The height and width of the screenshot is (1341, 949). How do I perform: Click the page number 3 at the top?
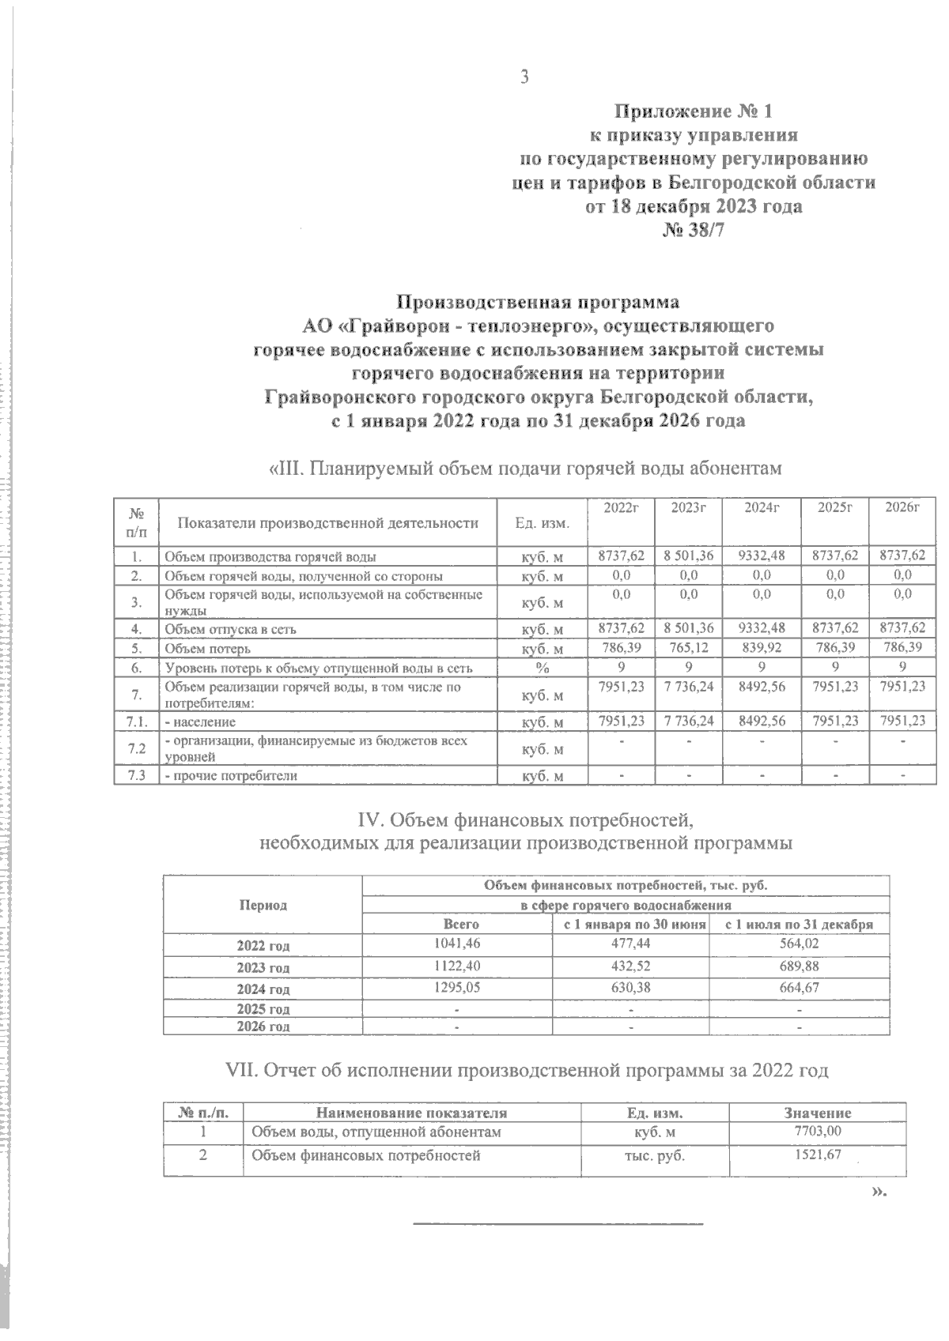click(523, 77)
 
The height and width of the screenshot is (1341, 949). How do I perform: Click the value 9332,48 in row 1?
click(761, 556)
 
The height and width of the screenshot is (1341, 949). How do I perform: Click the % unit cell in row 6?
click(542, 668)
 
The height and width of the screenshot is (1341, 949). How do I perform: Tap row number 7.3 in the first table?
click(136, 775)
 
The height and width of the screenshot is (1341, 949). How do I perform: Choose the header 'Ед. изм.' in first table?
click(542, 522)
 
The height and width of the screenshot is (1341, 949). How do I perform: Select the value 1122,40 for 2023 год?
click(457, 965)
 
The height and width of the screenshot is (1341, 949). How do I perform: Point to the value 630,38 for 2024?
click(630, 986)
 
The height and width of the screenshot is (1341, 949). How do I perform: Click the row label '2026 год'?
click(263, 1026)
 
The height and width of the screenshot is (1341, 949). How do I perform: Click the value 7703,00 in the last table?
click(818, 1132)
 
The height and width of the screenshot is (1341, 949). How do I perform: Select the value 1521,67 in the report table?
click(818, 1155)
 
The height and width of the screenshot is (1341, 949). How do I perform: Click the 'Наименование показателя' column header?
click(411, 1113)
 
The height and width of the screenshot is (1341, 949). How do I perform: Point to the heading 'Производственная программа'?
click(537, 303)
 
